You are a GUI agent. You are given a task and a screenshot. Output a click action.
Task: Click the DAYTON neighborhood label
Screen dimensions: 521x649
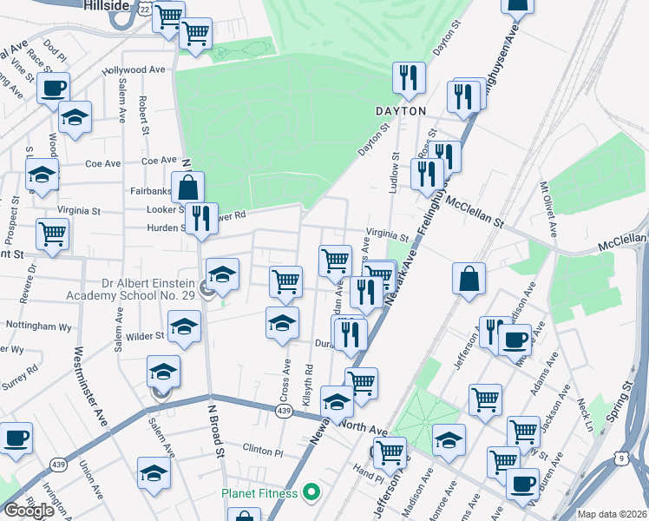(x=400, y=112)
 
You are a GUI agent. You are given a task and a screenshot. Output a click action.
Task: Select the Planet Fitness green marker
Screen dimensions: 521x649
(x=316, y=493)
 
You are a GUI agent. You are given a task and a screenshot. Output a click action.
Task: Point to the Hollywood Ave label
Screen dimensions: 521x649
(x=134, y=70)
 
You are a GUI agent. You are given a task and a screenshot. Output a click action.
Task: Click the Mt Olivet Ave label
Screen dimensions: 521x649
(x=548, y=208)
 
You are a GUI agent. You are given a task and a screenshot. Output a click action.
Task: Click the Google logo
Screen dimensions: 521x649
(x=29, y=511)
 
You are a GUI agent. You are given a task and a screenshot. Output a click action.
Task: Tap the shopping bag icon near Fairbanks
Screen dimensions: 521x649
(x=187, y=186)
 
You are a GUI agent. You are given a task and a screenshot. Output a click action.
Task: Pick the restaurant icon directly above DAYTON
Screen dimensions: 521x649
(x=408, y=78)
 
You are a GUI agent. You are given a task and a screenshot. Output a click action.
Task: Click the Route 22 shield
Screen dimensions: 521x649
(x=145, y=8)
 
